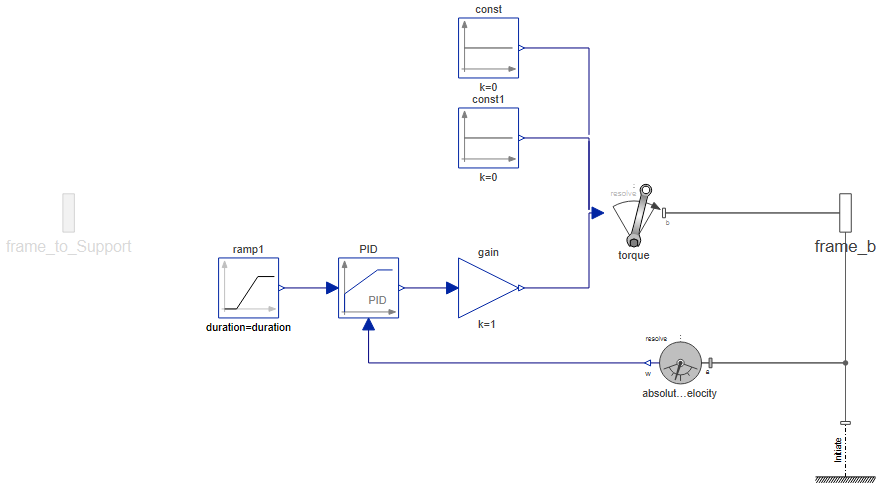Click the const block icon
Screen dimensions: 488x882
pyautogui.click(x=488, y=47)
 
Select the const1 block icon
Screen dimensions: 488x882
pyautogui.click(x=488, y=137)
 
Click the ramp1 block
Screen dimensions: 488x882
pyautogui.click(x=248, y=287)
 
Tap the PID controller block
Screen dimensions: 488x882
pyautogui.click(x=368, y=287)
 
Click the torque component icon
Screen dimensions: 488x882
pyautogui.click(x=634, y=214)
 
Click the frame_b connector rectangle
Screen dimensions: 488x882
pyautogui.click(x=845, y=212)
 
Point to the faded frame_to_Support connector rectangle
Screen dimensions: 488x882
pyautogui.click(x=68, y=212)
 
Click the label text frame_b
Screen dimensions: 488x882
pyautogui.click(x=845, y=247)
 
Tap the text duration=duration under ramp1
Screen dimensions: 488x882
pyautogui.click(x=248, y=327)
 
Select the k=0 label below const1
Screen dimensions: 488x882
pyautogui.click(x=488, y=177)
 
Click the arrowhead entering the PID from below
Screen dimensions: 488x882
pyautogui.click(x=368, y=324)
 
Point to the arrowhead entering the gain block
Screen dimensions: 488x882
pyautogui.click(x=452, y=288)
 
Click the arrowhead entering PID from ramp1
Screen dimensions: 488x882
pyautogui.click(x=332, y=288)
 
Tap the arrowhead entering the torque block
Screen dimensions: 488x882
pyautogui.click(x=597, y=212)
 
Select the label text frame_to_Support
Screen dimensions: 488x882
pyautogui.click(x=68, y=246)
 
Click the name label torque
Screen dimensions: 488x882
pyautogui.click(x=634, y=255)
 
